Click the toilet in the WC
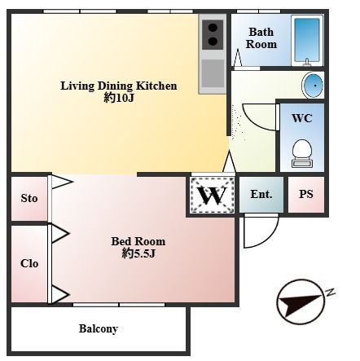302,153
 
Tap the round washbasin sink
314,86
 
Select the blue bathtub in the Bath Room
307,40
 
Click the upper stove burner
213,28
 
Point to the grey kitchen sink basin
213,73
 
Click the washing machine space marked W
212,195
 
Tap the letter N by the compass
331,292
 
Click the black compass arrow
300,305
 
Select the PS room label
306,194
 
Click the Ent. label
261,194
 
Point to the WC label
302,118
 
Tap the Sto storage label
29,198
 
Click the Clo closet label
29,263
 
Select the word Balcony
99,328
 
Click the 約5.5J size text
138,253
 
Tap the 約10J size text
119,98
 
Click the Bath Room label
261,38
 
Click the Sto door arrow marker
62,182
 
